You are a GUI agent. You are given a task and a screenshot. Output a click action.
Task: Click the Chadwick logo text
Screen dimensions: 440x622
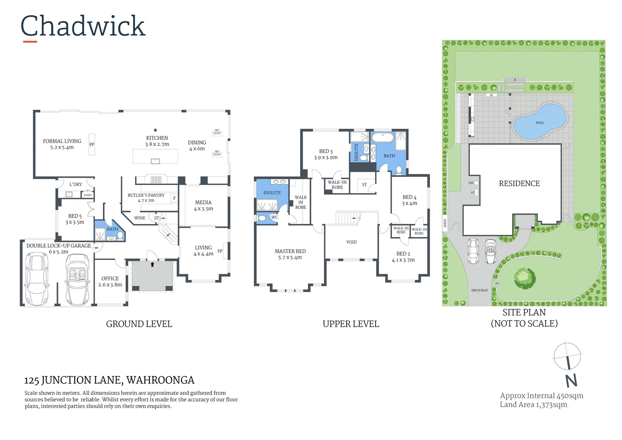[83, 26]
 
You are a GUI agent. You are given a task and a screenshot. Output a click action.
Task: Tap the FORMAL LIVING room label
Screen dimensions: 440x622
[62, 141]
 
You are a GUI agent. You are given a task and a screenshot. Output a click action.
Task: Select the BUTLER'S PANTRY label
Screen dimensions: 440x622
[146, 195]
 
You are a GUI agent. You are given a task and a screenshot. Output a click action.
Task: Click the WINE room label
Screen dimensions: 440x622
[140, 218]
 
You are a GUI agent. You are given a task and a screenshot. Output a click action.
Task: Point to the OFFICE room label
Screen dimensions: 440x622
[110, 279]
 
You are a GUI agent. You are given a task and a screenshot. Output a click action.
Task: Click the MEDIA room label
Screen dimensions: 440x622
[203, 202]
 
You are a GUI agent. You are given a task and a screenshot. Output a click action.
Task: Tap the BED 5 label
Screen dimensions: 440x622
[75, 216]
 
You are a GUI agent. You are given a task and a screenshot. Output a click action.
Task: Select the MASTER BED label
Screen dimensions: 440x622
[290, 251]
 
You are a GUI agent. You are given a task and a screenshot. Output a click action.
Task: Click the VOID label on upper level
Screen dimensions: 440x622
[351, 242]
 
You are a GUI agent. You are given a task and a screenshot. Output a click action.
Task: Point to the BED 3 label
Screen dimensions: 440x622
[325, 152]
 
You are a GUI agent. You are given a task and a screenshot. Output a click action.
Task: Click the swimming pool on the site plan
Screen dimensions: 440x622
[539, 121]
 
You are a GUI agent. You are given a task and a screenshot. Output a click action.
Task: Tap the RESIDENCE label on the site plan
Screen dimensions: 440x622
[519, 184]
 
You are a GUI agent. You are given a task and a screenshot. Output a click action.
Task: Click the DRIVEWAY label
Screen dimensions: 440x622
[479, 290]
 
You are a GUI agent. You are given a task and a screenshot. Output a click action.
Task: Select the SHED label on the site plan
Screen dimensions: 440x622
[445, 223]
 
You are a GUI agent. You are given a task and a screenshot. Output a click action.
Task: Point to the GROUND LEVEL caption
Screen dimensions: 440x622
[139, 324]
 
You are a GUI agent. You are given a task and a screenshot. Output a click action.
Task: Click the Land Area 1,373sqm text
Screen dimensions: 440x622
[533, 405]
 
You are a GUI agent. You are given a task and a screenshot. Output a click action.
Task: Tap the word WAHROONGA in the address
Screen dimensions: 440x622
[160, 380]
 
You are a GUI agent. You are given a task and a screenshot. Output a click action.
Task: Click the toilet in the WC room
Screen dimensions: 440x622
[262, 218]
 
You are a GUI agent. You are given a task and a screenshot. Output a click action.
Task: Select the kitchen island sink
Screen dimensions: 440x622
[155, 161]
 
